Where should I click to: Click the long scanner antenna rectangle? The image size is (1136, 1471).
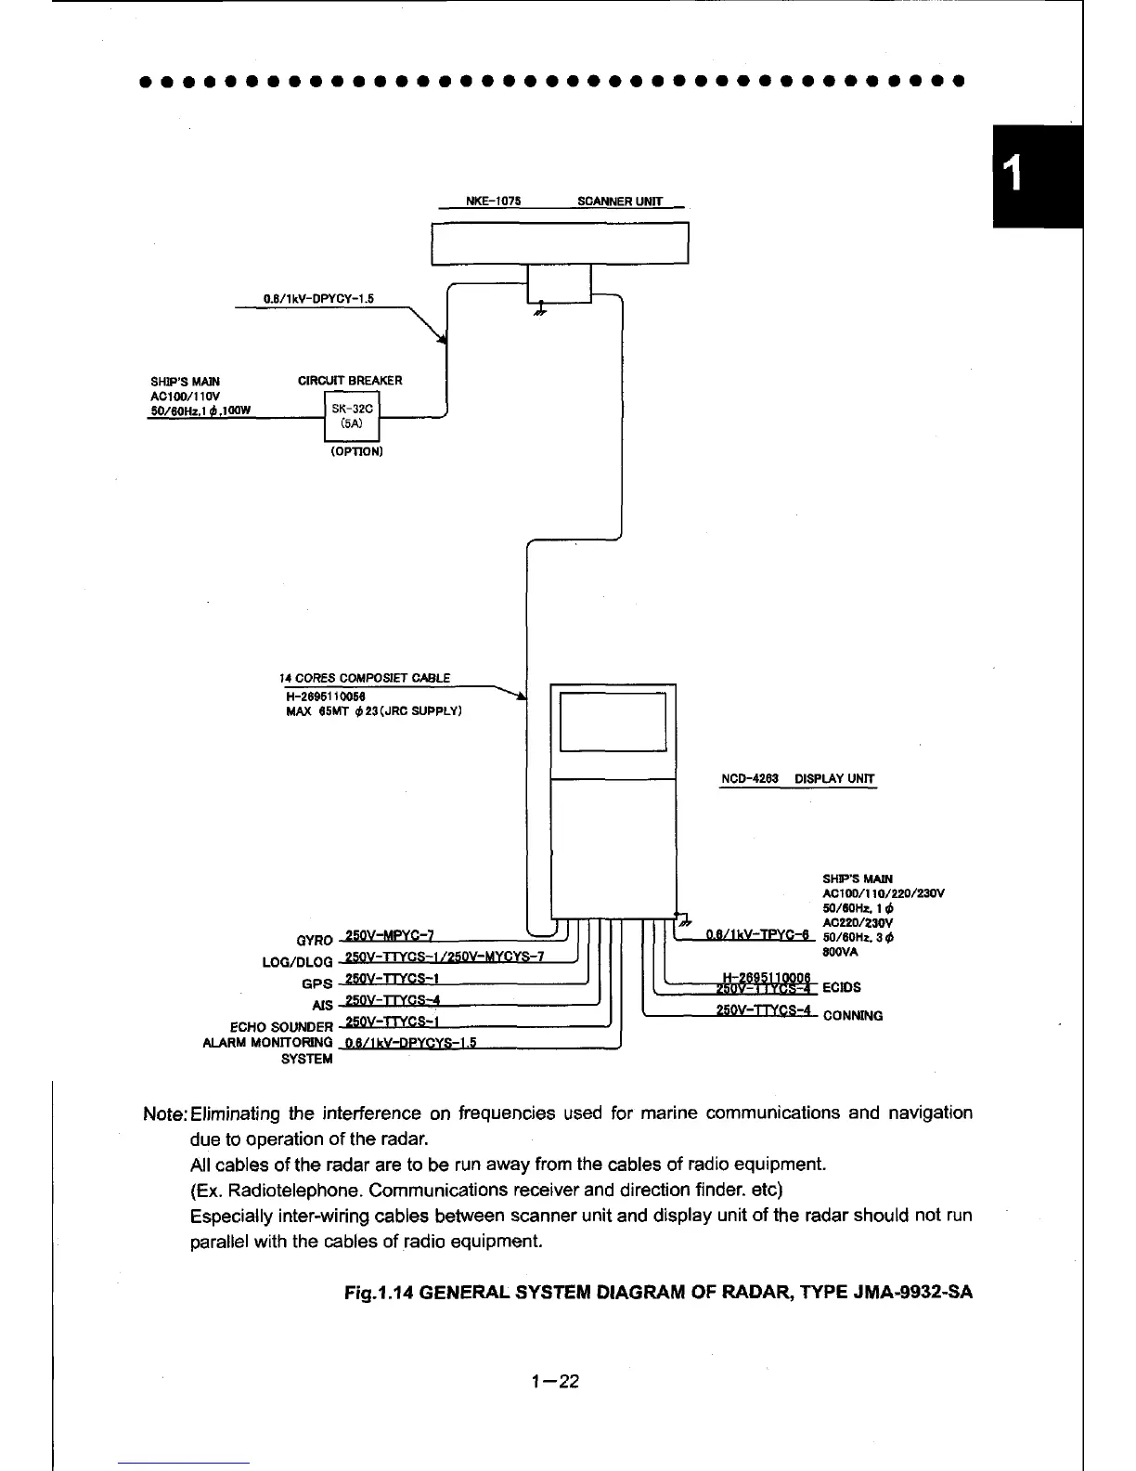pos(561,244)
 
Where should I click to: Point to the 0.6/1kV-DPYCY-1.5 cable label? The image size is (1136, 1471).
pos(318,299)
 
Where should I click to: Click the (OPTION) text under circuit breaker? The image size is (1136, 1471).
pos(357,451)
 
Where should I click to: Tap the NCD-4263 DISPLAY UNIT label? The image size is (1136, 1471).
pos(797,779)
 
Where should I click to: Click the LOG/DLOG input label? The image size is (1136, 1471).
pos(297,962)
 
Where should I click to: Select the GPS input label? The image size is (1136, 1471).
pos(316,983)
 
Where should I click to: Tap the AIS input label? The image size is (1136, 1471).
pos(322,1006)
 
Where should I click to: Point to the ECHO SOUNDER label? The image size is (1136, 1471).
pos(280,1027)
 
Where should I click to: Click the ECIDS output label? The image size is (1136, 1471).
pos(842,987)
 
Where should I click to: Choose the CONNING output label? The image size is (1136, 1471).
pos(853,1016)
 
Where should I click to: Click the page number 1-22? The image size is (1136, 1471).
pos(555,1382)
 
